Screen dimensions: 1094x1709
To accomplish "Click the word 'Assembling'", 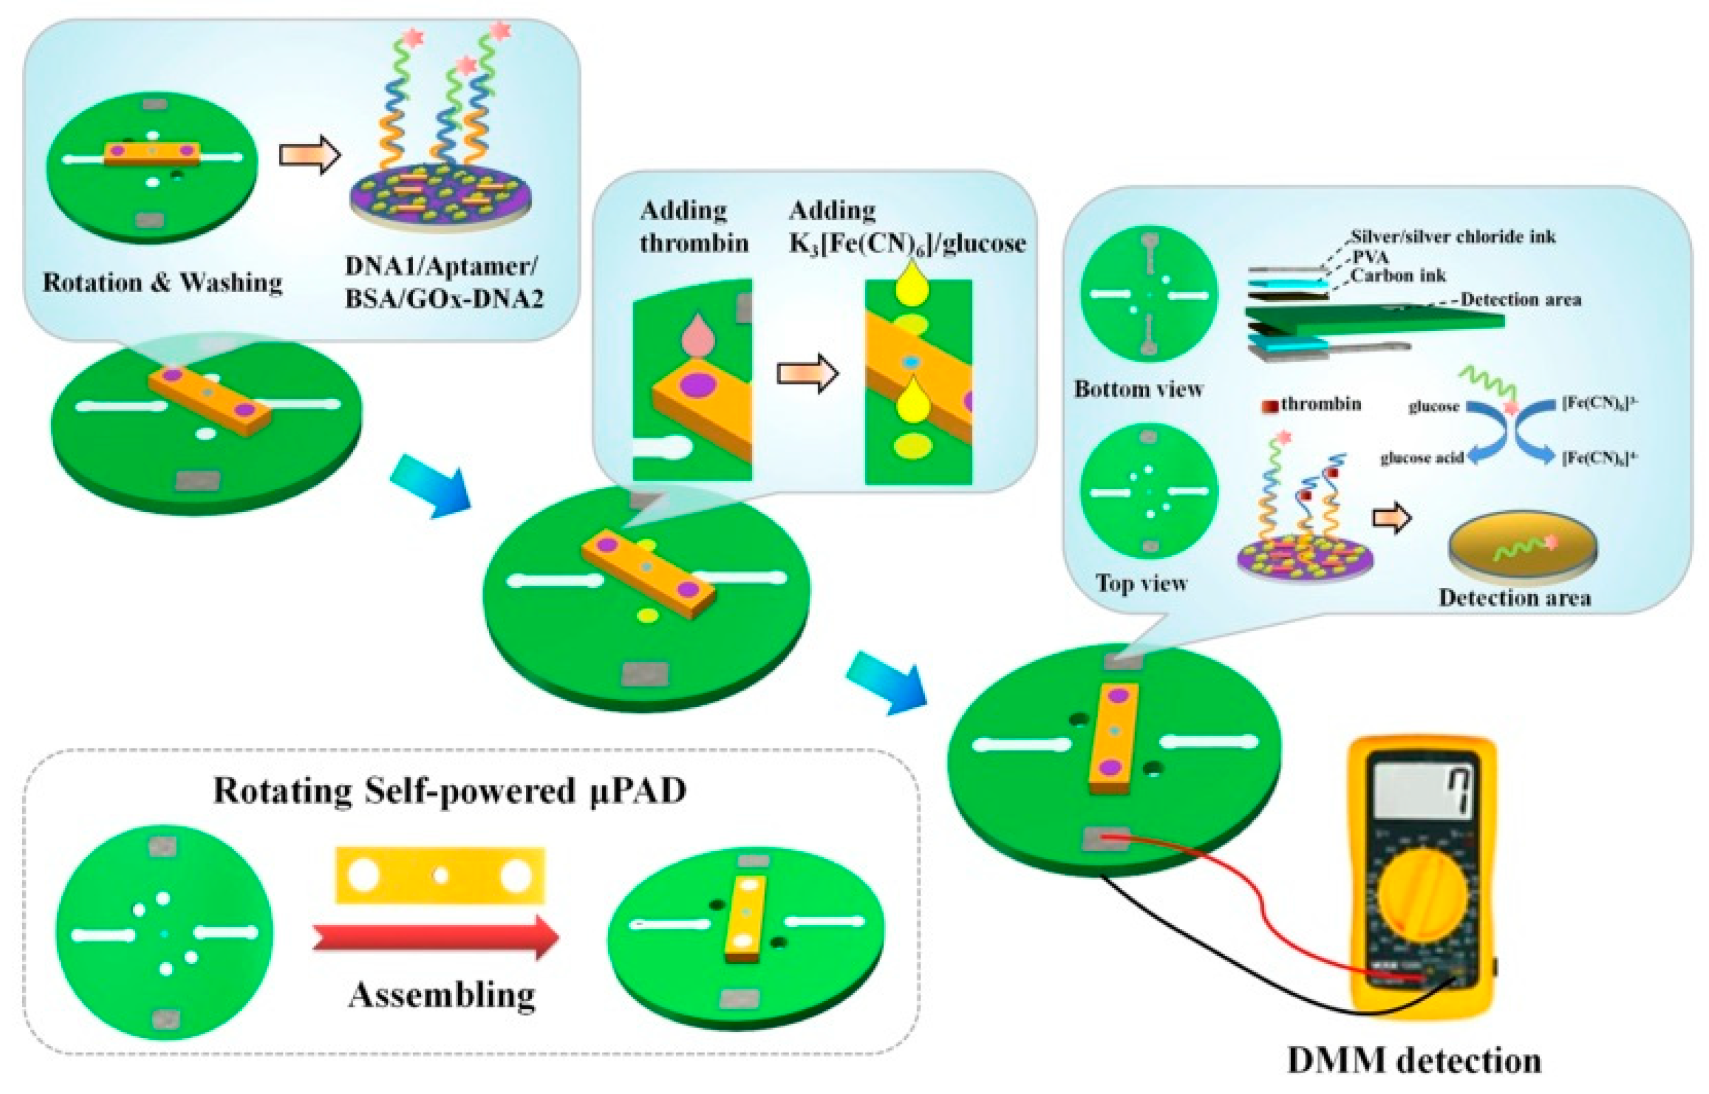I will [x=441, y=995].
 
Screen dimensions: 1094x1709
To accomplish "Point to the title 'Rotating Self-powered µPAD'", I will [x=450, y=791].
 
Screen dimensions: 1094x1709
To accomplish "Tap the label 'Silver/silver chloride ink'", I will [x=1453, y=237].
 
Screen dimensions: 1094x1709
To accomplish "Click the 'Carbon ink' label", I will [x=1398, y=275].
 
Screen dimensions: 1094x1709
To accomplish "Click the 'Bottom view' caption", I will [x=1138, y=389].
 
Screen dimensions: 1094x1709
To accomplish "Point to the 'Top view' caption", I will [x=1141, y=583].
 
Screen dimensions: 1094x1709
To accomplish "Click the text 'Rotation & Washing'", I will [x=162, y=282].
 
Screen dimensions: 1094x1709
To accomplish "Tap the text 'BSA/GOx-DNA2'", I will [x=444, y=299].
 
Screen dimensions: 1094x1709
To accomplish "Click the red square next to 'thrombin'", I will [x=1270, y=406].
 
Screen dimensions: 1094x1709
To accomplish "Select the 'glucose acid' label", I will [x=1421, y=458].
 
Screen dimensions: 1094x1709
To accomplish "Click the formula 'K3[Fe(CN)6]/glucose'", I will [x=907, y=244].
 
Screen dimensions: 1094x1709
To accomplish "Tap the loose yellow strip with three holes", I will [x=440, y=875].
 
